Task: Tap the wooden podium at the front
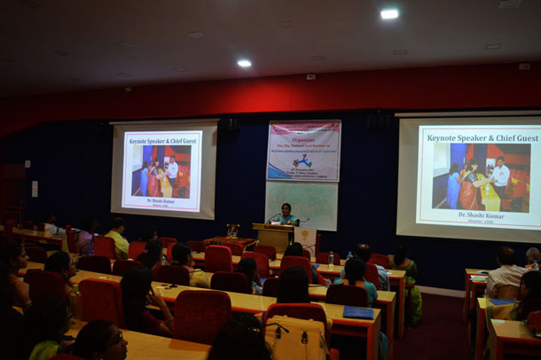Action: coord(273,236)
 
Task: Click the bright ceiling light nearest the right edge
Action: coord(388,13)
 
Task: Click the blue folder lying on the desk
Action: coord(357,312)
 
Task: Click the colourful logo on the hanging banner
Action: coord(302,163)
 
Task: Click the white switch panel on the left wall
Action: coord(35,188)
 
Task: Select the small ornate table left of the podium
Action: coord(232,232)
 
